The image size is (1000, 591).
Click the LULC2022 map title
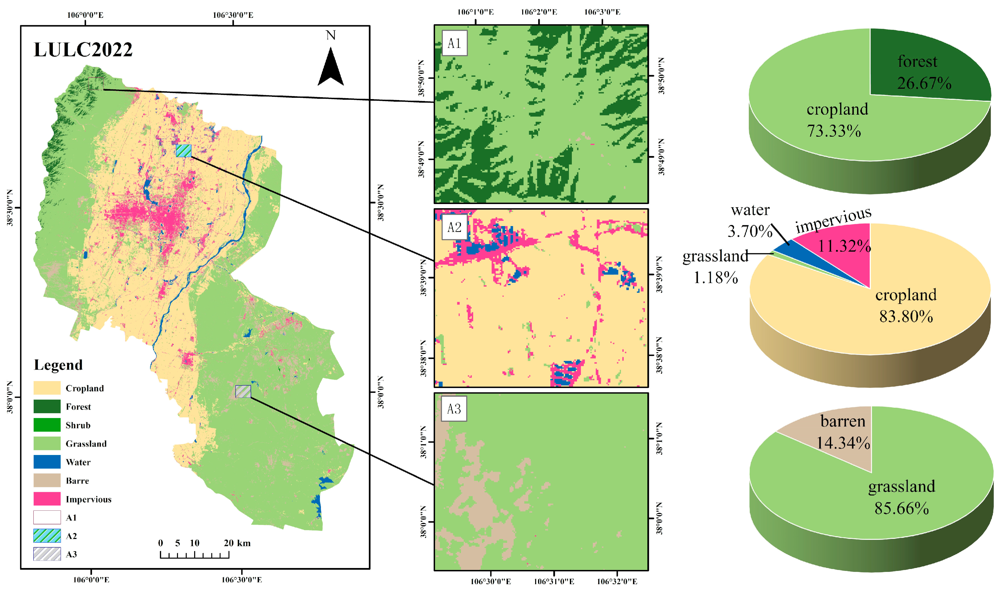[83, 50]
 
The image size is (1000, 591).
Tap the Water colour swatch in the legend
[47, 462]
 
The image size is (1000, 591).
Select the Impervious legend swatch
[47, 499]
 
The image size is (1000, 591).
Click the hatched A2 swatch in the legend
[47, 536]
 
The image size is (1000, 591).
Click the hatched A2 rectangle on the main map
[184, 151]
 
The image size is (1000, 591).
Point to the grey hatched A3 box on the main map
[243, 392]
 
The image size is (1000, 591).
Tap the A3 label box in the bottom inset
[454, 409]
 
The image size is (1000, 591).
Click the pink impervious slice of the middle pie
[841, 251]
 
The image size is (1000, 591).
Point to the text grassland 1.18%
[715, 267]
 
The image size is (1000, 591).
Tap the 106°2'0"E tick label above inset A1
[539, 12]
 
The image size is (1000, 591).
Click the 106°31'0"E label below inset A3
[554, 581]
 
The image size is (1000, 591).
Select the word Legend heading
[58, 365]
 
